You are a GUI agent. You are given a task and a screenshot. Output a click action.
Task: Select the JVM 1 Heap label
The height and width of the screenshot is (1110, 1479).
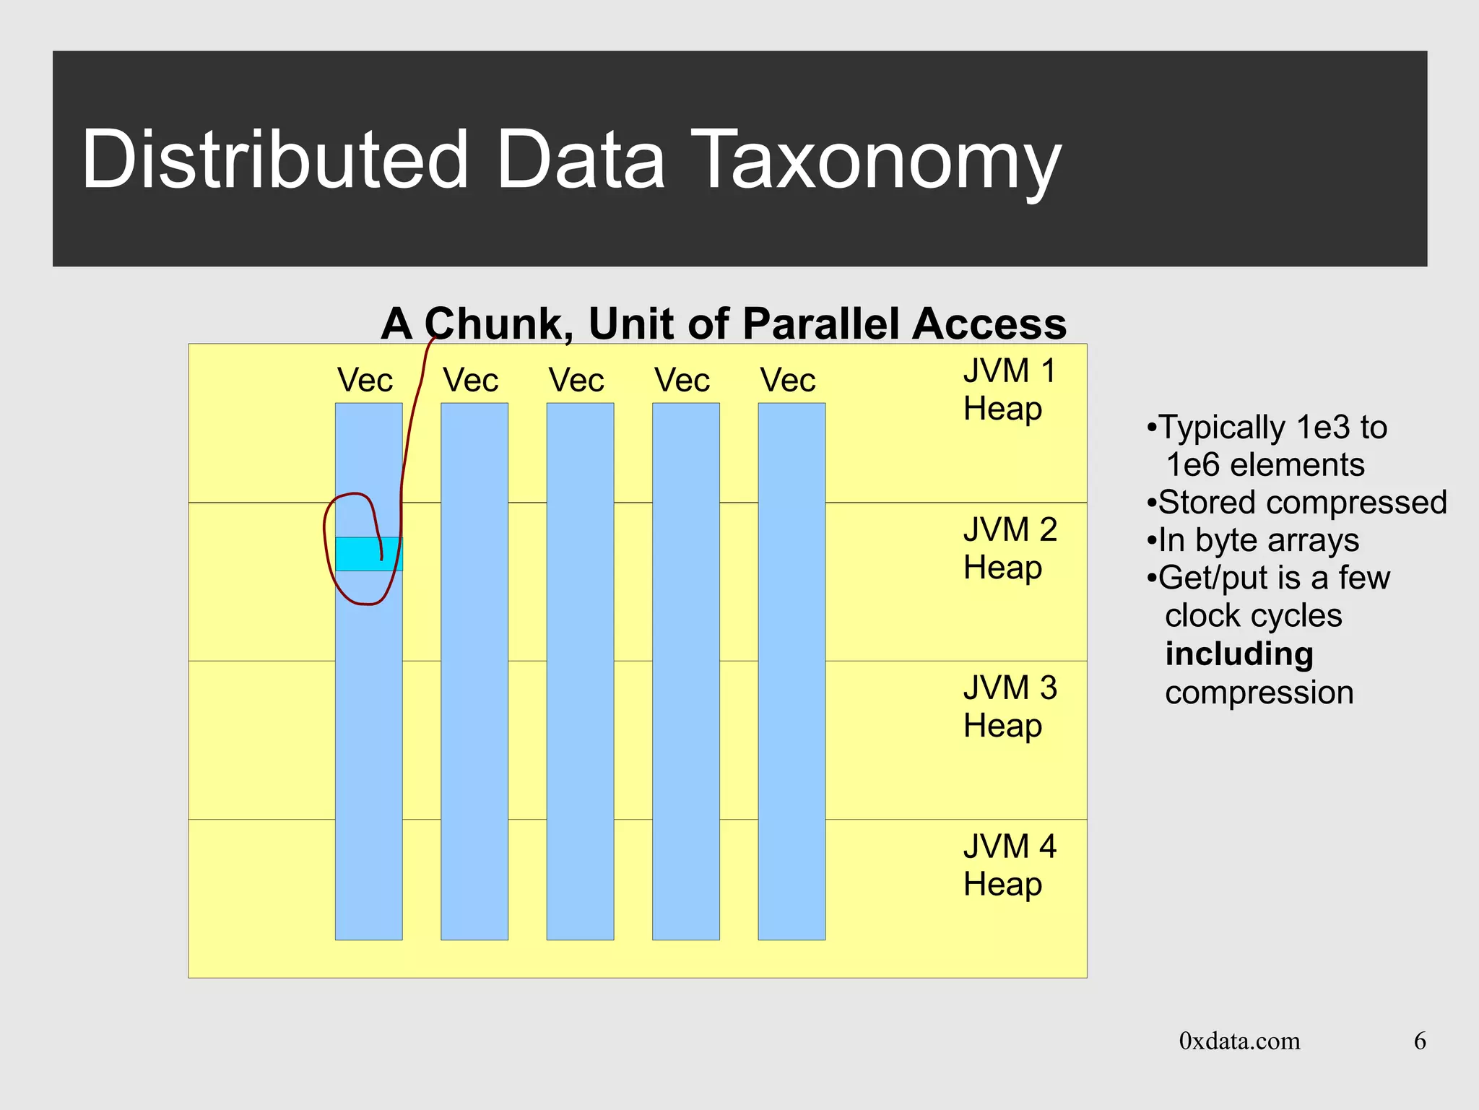(x=1009, y=390)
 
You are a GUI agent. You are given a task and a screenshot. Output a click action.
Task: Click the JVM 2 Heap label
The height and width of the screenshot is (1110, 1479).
(x=1009, y=549)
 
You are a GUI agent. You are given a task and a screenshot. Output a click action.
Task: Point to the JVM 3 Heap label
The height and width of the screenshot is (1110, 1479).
(x=1009, y=707)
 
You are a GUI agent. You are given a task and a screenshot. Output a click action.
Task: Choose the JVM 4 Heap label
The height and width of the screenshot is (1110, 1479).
(x=1009, y=865)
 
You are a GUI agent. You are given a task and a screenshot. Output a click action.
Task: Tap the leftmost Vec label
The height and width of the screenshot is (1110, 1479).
(x=365, y=381)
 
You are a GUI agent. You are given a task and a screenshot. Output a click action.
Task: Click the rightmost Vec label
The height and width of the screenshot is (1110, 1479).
(x=787, y=381)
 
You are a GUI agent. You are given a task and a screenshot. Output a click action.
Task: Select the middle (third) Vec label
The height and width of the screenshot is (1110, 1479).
(x=576, y=381)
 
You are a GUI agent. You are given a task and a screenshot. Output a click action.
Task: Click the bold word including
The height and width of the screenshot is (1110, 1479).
(x=1239, y=654)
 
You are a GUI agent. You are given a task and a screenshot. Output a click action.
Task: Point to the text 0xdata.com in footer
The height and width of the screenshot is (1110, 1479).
(x=1239, y=1041)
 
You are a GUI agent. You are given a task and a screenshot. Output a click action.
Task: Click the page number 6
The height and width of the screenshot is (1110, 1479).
(x=1419, y=1041)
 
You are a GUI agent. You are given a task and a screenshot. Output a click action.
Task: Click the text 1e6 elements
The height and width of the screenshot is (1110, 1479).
(x=1265, y=465)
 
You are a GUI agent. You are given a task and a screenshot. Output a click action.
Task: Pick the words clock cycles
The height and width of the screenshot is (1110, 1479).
(x=1253, y=616)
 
